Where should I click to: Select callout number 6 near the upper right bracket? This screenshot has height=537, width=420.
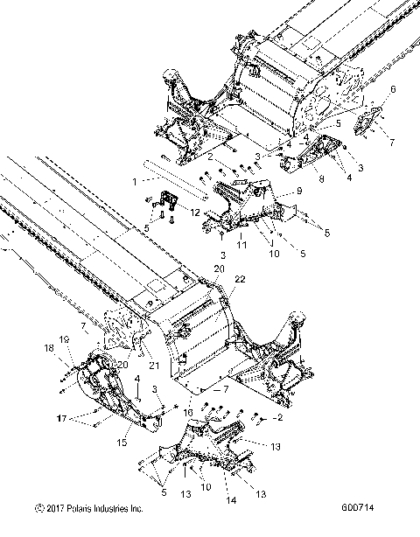[393, 89]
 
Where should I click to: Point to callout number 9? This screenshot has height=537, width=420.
[299, 191]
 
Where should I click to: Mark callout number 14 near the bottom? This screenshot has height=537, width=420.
[206, 500]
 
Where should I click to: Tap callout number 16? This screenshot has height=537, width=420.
[188, 412]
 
